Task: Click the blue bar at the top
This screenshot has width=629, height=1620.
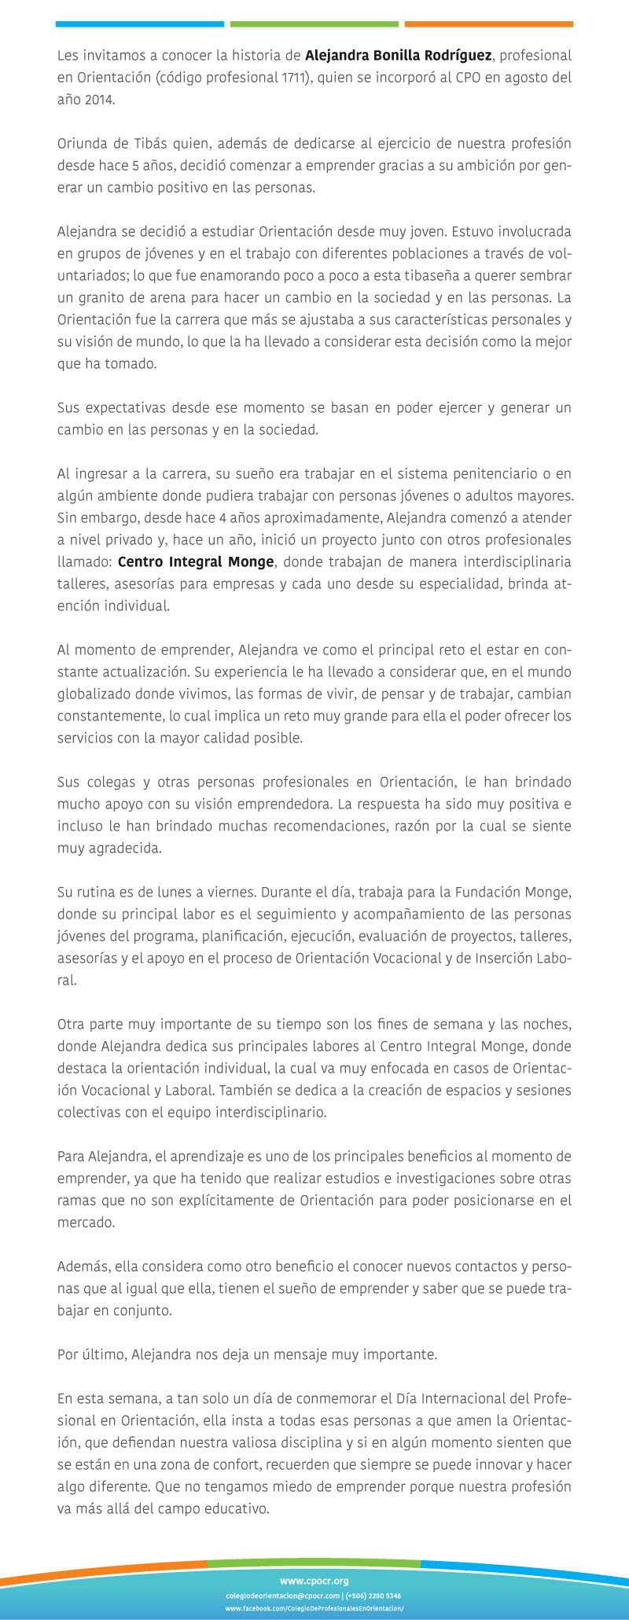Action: (x=139, y=24)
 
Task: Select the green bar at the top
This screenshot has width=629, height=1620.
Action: (x=314, y=24)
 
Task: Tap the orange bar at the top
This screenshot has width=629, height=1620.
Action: (x=488, y=24)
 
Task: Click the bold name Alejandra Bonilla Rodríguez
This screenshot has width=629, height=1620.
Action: (x=398, y=56)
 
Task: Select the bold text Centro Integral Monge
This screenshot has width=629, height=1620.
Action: (x=196, y=562)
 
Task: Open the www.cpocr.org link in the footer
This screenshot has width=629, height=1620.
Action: (x=314, y=1581)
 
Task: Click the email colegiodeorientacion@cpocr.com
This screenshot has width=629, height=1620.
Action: (x=282, y=1596)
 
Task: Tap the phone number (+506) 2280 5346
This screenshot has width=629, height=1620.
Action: (x=373, y=1596)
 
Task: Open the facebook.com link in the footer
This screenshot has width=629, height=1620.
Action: (x=314, y=1609)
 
